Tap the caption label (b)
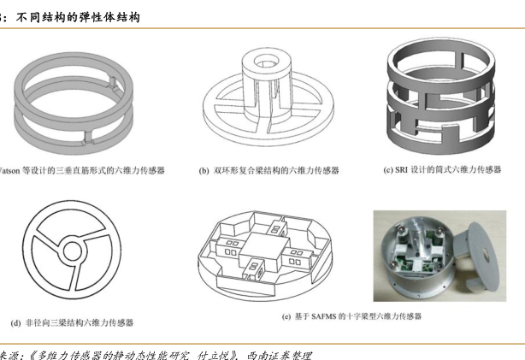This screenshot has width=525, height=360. (204, 171)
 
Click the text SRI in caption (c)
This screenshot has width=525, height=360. (402, 170)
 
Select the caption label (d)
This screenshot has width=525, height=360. (15, 323)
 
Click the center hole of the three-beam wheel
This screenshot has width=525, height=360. (73, 251)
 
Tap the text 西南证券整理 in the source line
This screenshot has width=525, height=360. (279, 356)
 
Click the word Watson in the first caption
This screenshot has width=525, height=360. (9, 170)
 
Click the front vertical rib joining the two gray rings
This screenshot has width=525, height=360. (88, 138)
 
